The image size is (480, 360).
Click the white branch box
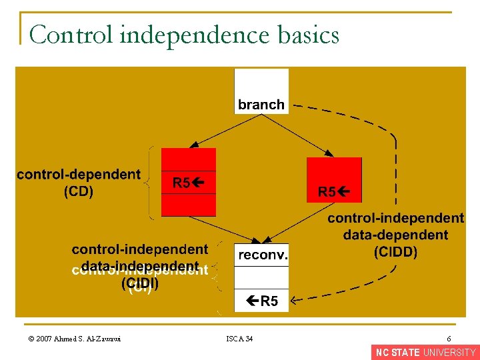pos(261,92)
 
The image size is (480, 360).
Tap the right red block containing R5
pos(334,180)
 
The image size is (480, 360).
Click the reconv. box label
pos(261,255)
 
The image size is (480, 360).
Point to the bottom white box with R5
pos(261,301)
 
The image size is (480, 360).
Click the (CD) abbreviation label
pos(79,192)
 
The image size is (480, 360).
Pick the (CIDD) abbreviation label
pos(395,252)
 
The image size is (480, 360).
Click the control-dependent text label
pos(79,175)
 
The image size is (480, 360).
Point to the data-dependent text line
pos(395,235)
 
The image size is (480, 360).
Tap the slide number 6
pos(449,339)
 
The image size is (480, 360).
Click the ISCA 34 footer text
pos(239,339)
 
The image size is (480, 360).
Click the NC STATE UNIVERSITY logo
pos(425,353)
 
